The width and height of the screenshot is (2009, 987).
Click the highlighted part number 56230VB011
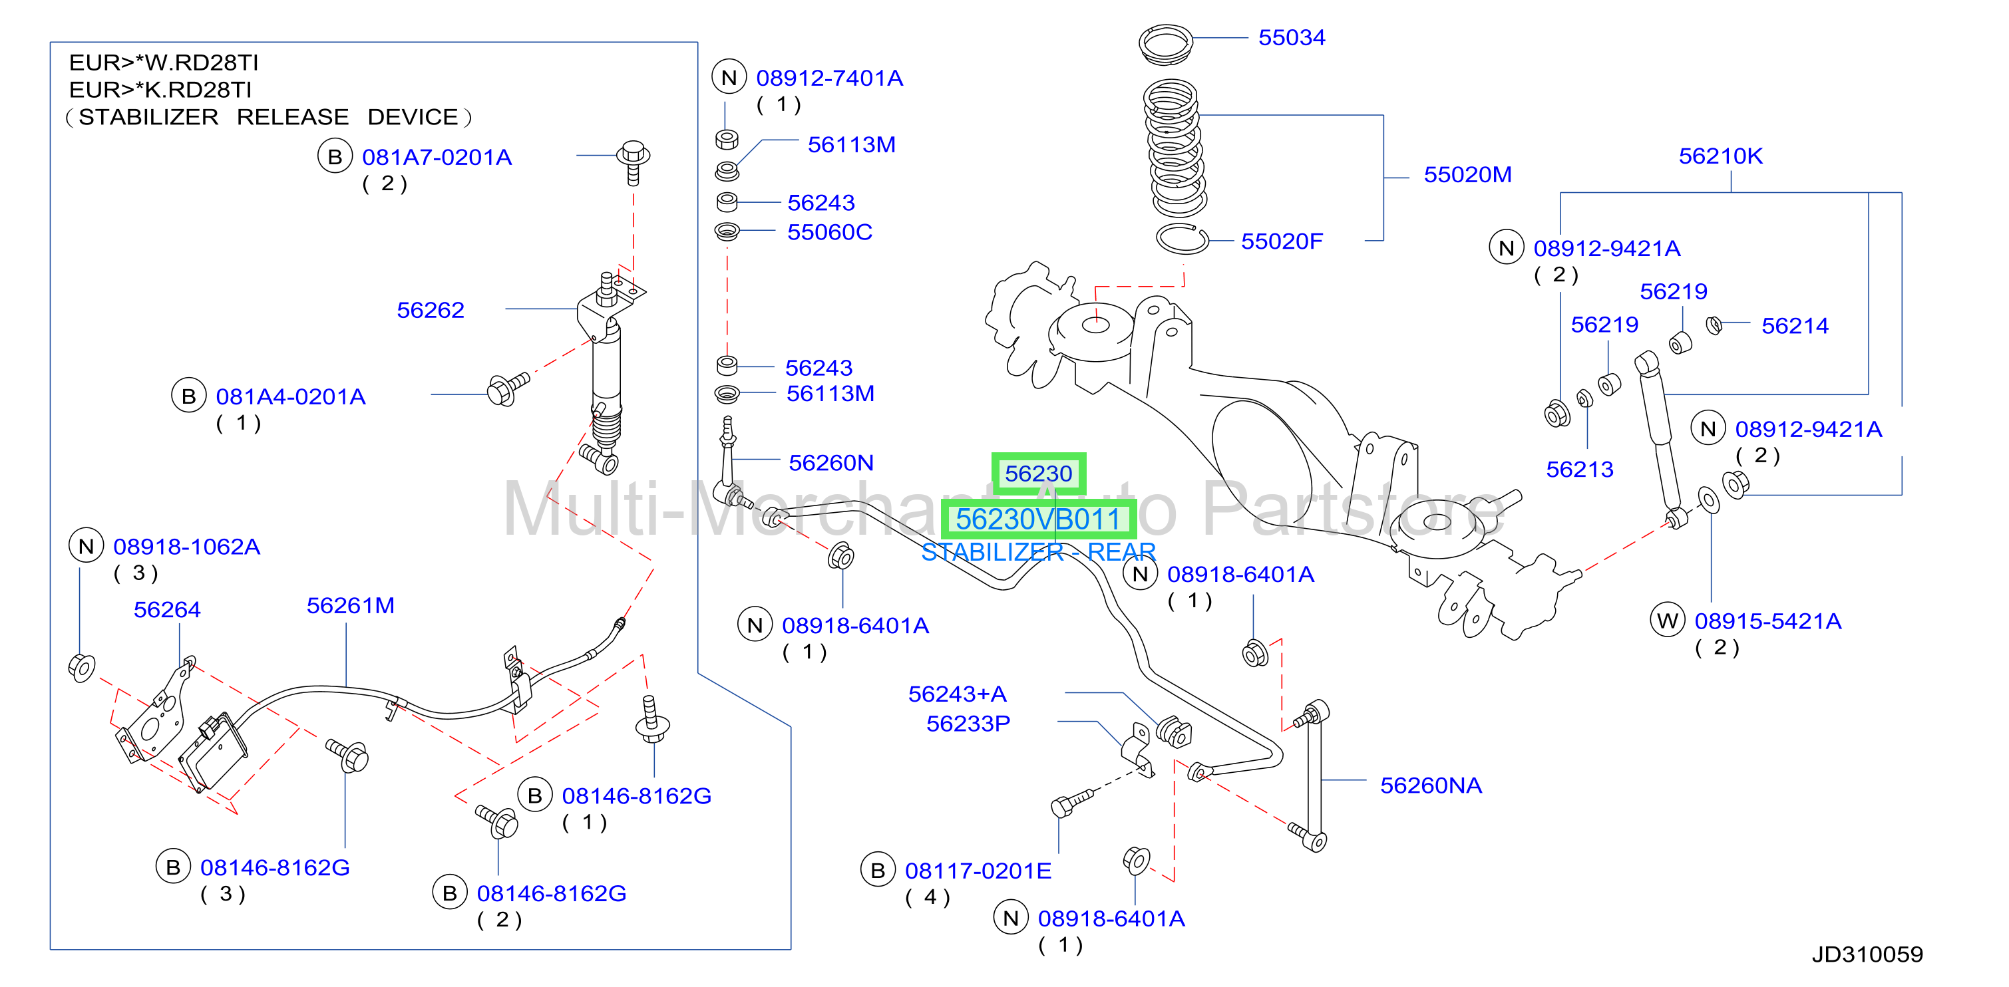pyautogui.click(x=1037, y=519)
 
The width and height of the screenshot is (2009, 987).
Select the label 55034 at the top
pyautogui.click(x=1292, y=37)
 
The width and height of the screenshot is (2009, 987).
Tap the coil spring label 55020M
pyautogui.click(x=1467, y=175)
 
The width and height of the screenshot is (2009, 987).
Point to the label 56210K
pyautogui.click(x=1720, y=156)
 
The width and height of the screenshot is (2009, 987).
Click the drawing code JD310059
pyautogui.click(x=1867, y=954)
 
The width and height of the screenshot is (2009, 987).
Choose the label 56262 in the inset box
pyautogui.click(x=431, y=311)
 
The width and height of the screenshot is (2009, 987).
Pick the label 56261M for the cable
pyautogui.click(x=350, y=606)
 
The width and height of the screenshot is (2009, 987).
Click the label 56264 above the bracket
pyautogui.click(x=167, y=610)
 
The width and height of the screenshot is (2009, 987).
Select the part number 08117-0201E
pyautogui.click(x=978, y=871)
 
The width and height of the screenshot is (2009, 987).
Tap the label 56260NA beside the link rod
pyautogui.click(x=1431, y=785)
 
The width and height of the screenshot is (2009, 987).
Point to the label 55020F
pyautogui.click(x=1282, y=241)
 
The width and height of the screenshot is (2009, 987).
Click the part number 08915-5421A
pyautogui.click(x=1768, y=621)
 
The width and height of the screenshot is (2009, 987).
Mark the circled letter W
pyautogui.click(x=1668, y=621)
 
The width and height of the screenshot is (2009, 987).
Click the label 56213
pyautogui.click(x=1579, y=470)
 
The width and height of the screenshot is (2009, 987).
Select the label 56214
pyautogui.click(x=1795, y=326)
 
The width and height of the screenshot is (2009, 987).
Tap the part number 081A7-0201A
pyautogui.click(x=437, y=158)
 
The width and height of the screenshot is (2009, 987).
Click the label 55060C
pyautogui.click(x=830, y=232)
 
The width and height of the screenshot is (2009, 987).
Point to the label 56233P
pyautogui.click(x=968, y=724)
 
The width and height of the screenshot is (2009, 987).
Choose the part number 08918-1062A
pyautogui.click(x=186, y=547)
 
